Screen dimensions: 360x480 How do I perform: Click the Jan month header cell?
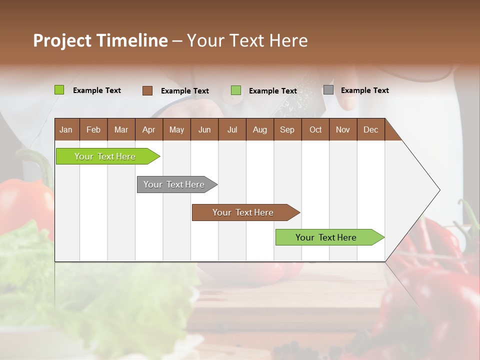(66, 129)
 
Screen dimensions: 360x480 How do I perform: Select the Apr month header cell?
(149, 129)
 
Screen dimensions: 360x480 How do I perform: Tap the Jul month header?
(232, 129)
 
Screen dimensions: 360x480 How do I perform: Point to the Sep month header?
(287, 129)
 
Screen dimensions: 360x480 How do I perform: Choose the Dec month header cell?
(370, 129)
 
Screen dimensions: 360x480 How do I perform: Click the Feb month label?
(93, 129)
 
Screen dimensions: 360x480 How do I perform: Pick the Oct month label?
(315, 129)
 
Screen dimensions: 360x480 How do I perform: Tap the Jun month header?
(204, 129)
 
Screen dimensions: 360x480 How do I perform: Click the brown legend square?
(147, 90)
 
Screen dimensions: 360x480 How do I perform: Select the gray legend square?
(328, 90)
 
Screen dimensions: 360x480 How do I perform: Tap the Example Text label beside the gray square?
(364, 90)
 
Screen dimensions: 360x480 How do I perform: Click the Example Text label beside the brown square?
(184, 91)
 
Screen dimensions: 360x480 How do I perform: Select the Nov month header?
(343, 129)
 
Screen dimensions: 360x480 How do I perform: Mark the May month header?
(176, 129)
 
